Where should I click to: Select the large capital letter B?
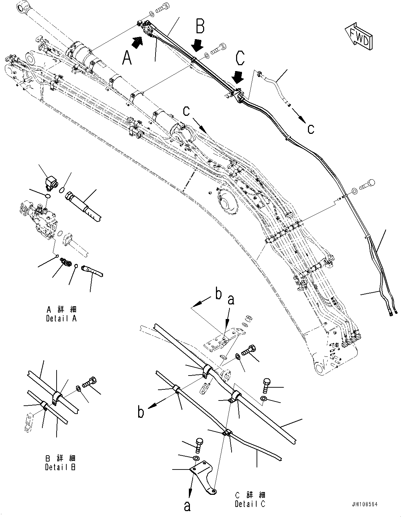200,27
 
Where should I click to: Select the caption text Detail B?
61,463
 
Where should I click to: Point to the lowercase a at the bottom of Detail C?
187,507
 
